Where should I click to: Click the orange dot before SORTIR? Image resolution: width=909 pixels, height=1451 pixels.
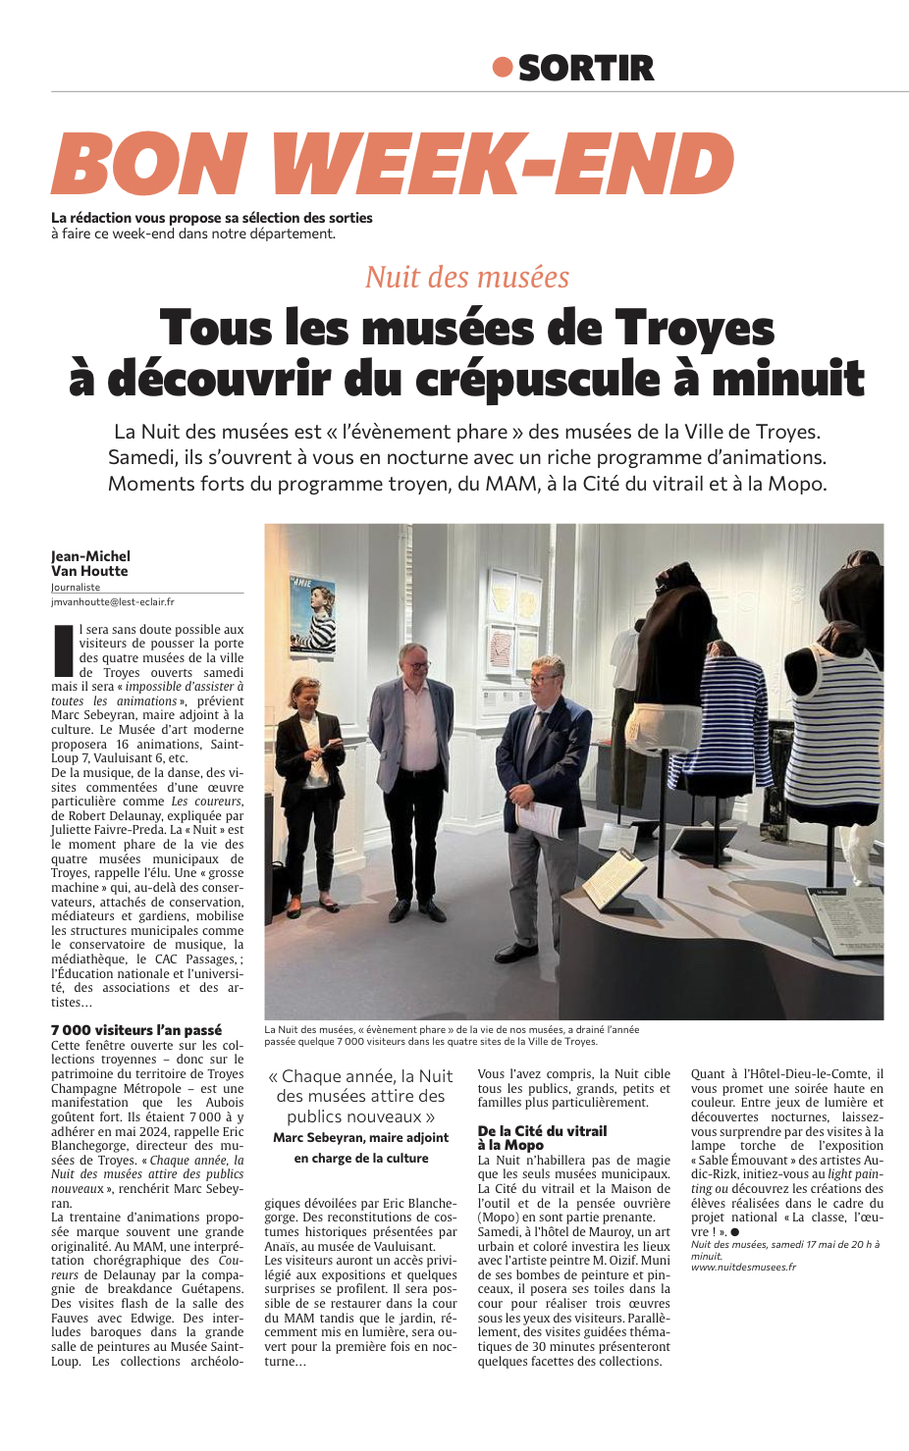503,68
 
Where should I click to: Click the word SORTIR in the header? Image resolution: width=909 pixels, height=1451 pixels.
585,69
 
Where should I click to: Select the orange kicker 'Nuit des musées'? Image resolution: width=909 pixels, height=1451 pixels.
467,278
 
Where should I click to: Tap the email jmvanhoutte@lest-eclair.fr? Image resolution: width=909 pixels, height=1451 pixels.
113,601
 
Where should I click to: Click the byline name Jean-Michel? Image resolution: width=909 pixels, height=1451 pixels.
90,556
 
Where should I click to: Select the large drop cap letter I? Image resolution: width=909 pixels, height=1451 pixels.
63,650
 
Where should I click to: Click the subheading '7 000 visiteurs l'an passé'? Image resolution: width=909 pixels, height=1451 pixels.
136,1030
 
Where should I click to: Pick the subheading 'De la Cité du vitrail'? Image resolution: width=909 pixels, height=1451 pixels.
542,1131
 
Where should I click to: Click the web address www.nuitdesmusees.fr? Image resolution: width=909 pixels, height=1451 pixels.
743,1267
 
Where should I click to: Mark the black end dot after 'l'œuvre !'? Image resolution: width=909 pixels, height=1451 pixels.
734,1232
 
